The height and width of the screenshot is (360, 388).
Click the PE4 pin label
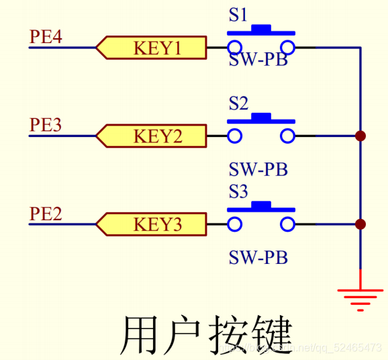point(46,36)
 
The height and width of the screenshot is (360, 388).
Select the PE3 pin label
point(46,125)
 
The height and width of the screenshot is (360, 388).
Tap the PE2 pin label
point(46,214)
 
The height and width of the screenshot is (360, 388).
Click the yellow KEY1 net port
point(151,48)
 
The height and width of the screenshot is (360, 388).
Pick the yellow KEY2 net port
point(151,136)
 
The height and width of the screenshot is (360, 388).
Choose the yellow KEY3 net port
point(151,224)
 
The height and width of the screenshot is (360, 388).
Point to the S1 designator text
point(238,15)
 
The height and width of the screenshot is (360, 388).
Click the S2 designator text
point(238,104)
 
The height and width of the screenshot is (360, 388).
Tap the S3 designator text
point(238,193)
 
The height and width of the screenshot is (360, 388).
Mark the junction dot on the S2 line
point(360,136)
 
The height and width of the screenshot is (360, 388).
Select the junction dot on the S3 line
point(360,224)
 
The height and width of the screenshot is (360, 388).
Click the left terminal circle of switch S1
point(234,47)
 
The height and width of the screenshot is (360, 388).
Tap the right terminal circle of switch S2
point(288,136)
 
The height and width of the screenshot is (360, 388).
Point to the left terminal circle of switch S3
point(234,224)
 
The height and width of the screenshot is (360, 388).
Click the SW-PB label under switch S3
point(258,257)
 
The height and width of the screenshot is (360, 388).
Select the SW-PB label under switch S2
point(258,169)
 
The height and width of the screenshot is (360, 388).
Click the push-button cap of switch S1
point(261,30)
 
